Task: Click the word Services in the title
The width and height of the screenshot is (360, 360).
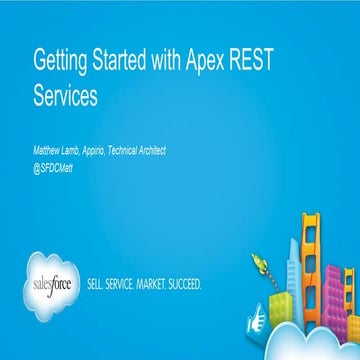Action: [67, 97]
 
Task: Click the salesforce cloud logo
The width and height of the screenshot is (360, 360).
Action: [56, 283]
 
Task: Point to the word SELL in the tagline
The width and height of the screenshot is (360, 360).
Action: [101, 284]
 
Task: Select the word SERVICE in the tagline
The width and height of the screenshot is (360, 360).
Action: [130, 284]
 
